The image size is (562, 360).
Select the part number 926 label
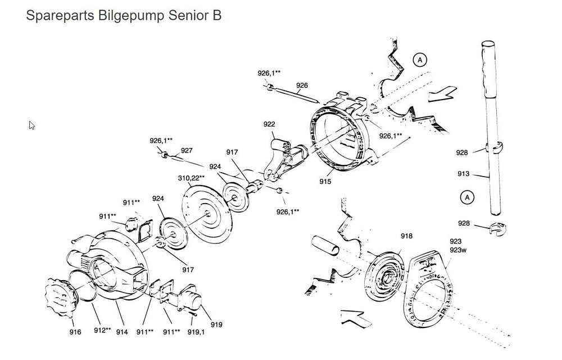pos(302,85)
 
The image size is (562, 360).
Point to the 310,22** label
pos(191,178)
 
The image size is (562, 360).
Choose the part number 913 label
pos(463,174)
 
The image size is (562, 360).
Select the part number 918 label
pos(406,236)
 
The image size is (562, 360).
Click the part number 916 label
pos(75,332)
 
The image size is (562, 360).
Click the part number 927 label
pos(187,150)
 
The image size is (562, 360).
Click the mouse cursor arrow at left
pos(32,125)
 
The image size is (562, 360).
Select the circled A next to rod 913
pos(465,197)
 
